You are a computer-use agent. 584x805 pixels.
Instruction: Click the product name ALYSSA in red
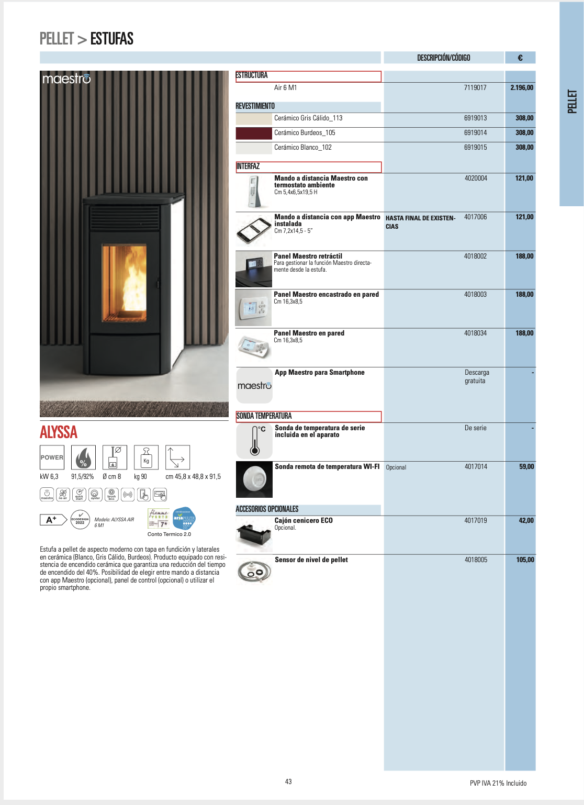(x=59, y=432)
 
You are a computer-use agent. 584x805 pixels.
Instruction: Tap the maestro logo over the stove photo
(x=66, y=79)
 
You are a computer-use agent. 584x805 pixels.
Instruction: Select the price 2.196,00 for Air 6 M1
(x=522, y=88)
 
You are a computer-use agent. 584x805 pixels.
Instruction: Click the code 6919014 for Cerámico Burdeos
(x=475, y=133)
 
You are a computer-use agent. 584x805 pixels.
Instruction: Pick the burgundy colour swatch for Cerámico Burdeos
(x=254, y=133)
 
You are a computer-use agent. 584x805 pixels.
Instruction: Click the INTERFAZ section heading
(x=248, y=166)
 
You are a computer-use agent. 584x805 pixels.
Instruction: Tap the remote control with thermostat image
(x=254, y=192)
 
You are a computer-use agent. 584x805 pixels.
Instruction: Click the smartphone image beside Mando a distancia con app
(x=254, y=230)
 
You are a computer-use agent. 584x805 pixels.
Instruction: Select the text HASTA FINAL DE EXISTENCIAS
(x=420, y=222)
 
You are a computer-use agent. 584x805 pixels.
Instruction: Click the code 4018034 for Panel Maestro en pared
(x=475, y=333)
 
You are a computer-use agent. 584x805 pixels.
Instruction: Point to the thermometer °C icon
(x=255, y=441)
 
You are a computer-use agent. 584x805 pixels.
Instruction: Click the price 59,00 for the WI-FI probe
(x=526, y=467)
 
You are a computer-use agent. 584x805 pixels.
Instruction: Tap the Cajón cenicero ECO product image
(x=254, y=534)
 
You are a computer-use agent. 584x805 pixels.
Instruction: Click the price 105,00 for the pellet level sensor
(x=525, y=560)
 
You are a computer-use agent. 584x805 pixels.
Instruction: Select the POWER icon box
(x=52, y=457)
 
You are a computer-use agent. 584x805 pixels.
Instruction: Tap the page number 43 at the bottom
(x=288, y=781)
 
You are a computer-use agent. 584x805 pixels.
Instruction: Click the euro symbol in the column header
(x=520, y=58)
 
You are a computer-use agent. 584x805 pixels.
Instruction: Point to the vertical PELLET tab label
(x=572, y=102)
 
